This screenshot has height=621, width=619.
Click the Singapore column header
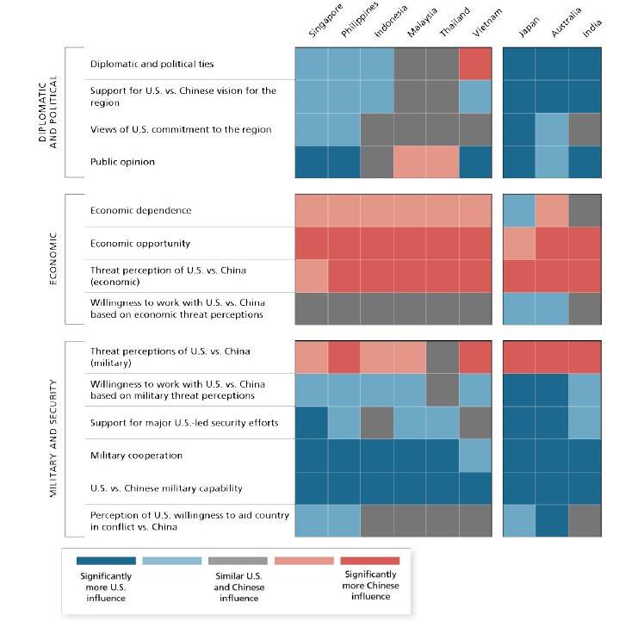(325, 22)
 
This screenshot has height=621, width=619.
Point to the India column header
(591, 29)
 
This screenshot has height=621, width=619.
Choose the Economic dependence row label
(140, 211)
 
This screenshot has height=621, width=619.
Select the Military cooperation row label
(136, 456)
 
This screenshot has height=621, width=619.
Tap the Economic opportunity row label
(141, 244)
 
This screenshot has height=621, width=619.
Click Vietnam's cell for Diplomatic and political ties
(475, 64)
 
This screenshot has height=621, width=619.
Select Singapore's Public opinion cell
(312, 162)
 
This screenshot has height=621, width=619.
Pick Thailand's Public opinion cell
(443, 162)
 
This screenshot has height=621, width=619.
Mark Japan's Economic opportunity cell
(519, 244)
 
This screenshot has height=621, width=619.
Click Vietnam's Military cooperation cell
(475, 456)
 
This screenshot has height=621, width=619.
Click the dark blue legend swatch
(105, 561)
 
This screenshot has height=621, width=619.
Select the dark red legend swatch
(370, 561)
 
